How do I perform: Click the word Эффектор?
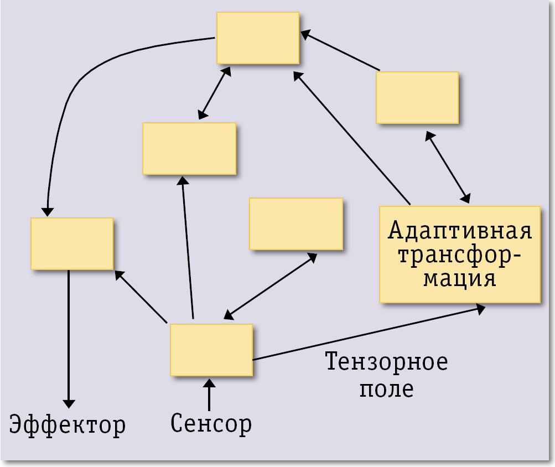[68, 426]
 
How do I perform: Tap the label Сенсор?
[211, 423]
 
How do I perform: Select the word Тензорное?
[386, 362]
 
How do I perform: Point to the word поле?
[386, 389]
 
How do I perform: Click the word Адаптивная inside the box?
[460, 230]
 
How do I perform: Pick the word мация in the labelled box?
[460, 278]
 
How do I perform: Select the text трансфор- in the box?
[460, 255]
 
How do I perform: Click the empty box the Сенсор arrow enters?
[211, 350]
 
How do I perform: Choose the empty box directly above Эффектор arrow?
[72, 243]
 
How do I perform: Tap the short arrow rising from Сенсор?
[209, 394]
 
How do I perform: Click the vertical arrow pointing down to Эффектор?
[69, 338]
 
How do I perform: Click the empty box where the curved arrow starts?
[258, 38]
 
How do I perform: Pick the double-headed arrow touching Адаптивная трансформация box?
[448, 167]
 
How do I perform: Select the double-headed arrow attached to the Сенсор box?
[270, 287]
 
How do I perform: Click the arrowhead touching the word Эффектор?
[69, 402]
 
